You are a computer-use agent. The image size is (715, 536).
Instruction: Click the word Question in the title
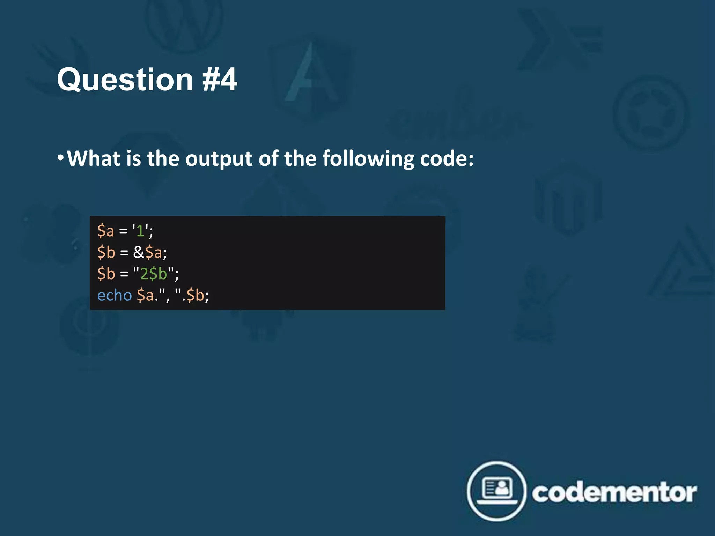(125, 80)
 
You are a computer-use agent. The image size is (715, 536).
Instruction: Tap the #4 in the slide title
(220, 80)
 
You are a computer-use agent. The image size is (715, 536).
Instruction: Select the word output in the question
(219, 159)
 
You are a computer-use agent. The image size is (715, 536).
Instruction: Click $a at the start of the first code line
(106, 231)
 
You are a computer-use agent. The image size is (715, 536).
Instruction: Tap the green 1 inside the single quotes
(140, 231)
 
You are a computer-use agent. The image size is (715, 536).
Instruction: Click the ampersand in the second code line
(138, 252)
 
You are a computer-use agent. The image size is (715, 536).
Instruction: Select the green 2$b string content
(154, 274)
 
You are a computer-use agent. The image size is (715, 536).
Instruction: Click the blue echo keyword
(115, 295)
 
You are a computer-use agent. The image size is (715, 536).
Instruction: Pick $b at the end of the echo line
(196, 295)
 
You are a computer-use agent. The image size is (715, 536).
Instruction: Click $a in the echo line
(145, 295)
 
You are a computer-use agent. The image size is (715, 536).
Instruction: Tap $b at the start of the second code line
(106, 252)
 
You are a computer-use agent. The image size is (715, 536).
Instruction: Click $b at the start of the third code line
(106, 274)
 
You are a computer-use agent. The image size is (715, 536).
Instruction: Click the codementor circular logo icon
(496, 491)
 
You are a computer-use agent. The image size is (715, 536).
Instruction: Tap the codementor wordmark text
(614, 493)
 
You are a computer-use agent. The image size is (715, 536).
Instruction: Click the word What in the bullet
(94, 159)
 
